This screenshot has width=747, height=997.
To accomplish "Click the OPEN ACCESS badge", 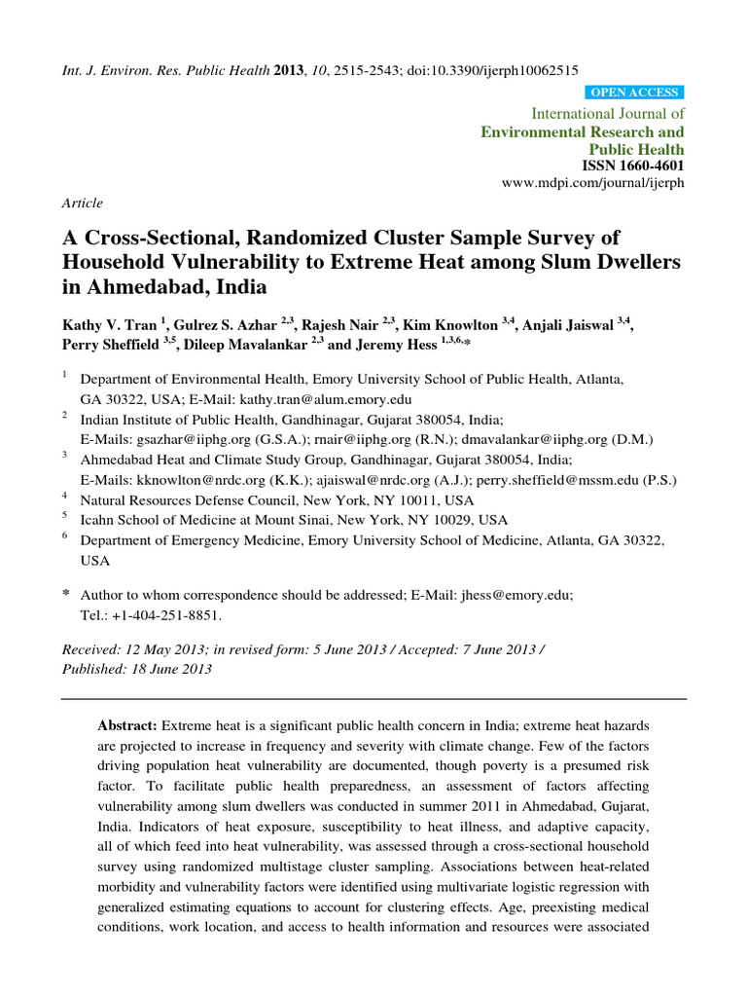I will (634, 92).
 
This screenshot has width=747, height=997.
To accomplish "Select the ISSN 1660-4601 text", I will (632, 166).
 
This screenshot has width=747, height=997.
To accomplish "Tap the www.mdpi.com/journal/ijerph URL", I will (592, 183).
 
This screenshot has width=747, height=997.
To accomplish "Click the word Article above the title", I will (82, 203).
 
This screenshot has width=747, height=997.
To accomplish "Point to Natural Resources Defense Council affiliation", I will (214, 500).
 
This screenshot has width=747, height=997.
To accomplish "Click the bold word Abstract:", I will (127, 726).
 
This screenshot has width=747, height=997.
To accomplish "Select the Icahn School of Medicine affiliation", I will (206, 520).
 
